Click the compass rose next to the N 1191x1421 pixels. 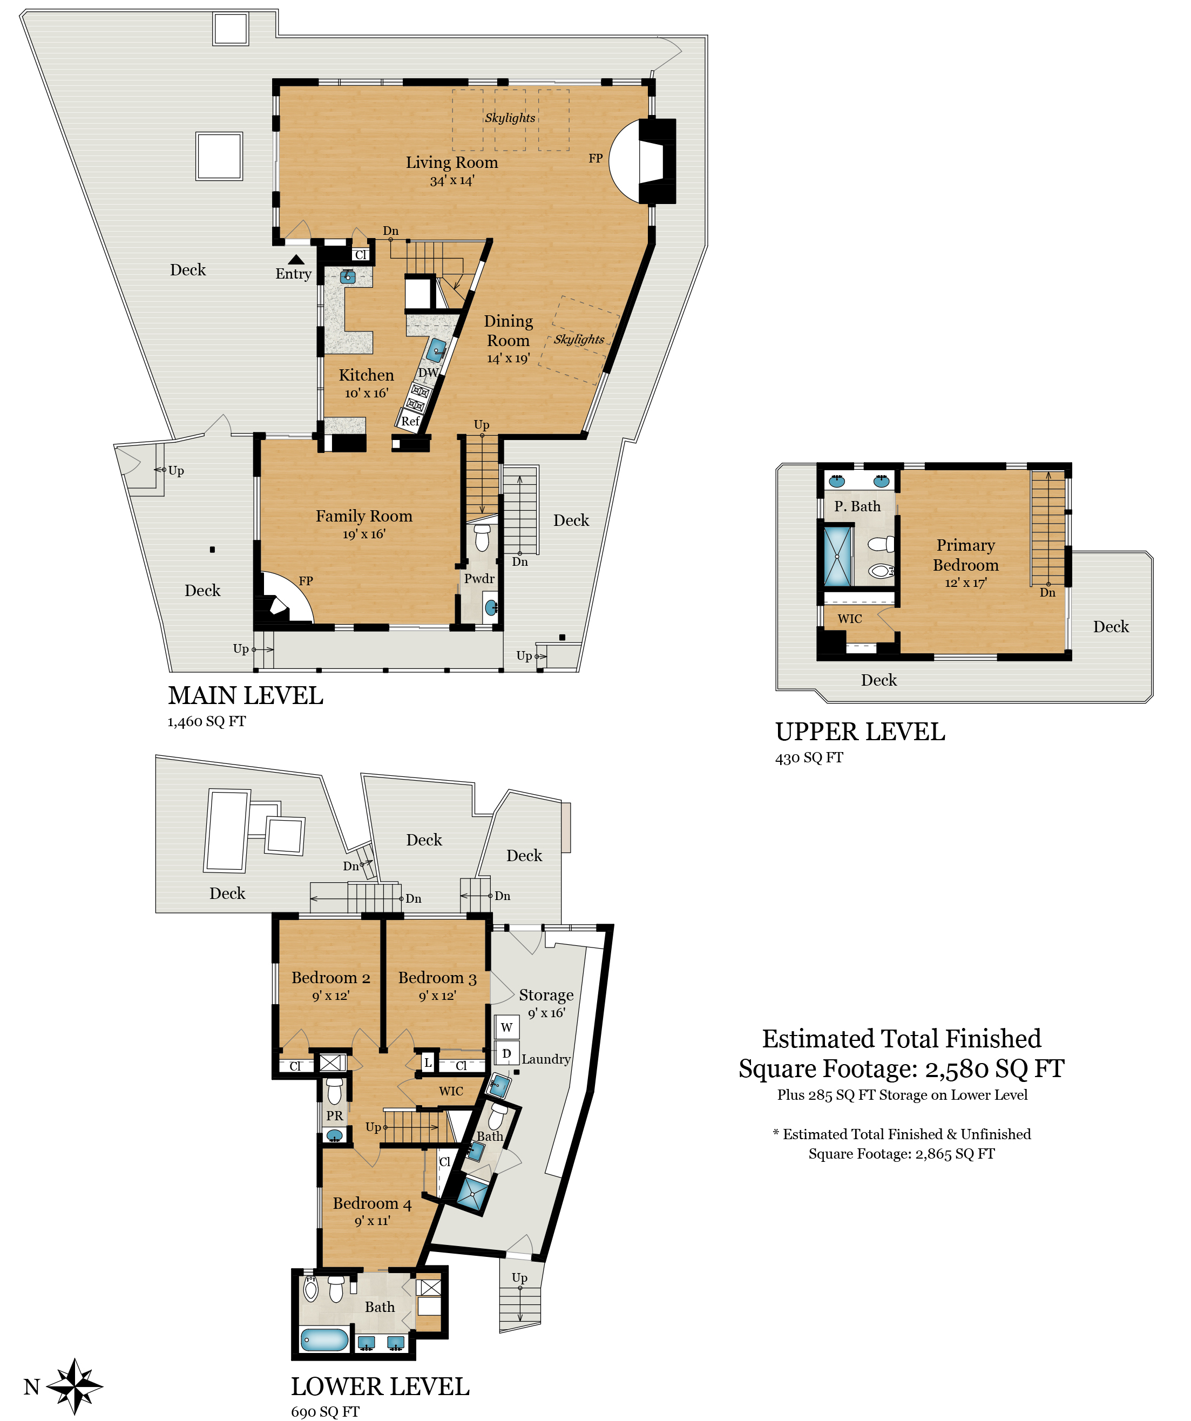(75, 1386)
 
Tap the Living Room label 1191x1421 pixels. (451, 163)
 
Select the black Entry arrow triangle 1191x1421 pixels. (296, 259)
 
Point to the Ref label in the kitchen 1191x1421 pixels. (410, 421)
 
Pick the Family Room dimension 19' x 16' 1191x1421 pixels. (364, 534)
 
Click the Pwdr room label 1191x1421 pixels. (479, 579)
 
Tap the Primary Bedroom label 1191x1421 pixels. (966, 555)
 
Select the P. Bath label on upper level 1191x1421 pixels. (857, 506)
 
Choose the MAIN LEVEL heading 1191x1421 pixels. (246, 695)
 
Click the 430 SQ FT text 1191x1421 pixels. (809, 758)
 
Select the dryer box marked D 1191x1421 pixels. (507, 1053)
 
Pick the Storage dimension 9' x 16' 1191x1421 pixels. (546, 1013)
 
